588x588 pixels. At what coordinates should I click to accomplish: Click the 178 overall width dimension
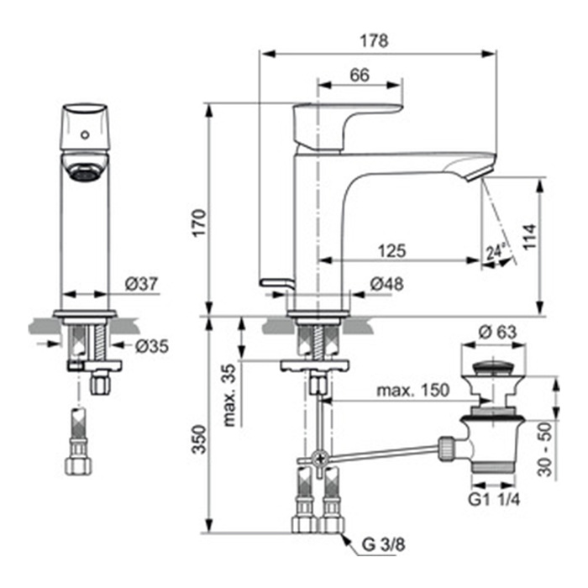tap(374, 41)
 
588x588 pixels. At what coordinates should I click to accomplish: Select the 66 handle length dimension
tap(360, 75)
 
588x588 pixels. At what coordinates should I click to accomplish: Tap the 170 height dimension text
tap(199, 223)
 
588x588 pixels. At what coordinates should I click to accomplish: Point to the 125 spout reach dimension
tap(392, 250)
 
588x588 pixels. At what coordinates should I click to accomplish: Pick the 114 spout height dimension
tap(529, 237)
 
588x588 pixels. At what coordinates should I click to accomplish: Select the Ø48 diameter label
tap(387, 284)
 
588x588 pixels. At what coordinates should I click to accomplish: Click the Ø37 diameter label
tap(141, 284)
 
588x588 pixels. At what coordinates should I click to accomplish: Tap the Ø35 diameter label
tap(152, 346)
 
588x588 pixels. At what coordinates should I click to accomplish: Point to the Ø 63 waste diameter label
tap(497, 332)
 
